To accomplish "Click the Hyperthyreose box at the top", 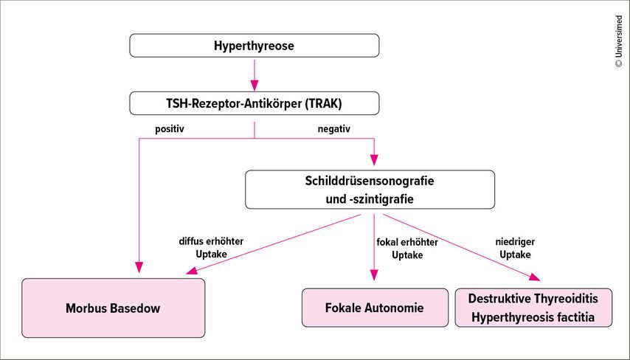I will (x=255, y=46).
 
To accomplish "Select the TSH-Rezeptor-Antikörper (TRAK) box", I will (x=255, y=103).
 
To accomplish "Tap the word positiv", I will (x=169, y=128).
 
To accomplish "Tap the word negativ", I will (x=333, y=128).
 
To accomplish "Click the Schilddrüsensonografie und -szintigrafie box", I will (x=370, y=190).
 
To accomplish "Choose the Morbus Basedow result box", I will (x=113, y=308).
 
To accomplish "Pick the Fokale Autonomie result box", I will (x=375, y=308).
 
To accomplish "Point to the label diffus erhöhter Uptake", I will (x=211, y=248).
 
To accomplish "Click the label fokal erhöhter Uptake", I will (x=407, y=248).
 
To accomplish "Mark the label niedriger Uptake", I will (x=516, y=248).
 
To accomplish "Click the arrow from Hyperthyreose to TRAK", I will (x=255, y=74).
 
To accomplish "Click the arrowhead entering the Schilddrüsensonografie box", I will (x=374, y=159).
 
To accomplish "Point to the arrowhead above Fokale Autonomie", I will (x=374, y=274).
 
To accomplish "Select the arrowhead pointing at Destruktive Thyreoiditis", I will (x=533, y=277).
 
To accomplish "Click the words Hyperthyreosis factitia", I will (x=533, y=318).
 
